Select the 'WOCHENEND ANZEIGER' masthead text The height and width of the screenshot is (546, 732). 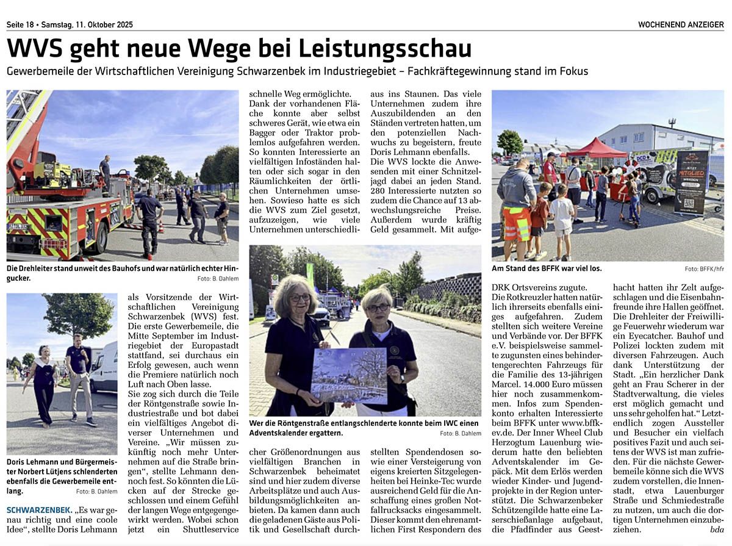[x=681, y=25]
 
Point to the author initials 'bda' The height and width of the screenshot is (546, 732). [x=717, y=530]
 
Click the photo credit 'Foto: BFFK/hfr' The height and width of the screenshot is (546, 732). [x=704, y=268]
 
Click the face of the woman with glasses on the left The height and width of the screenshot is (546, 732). [x=299, y=297]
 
